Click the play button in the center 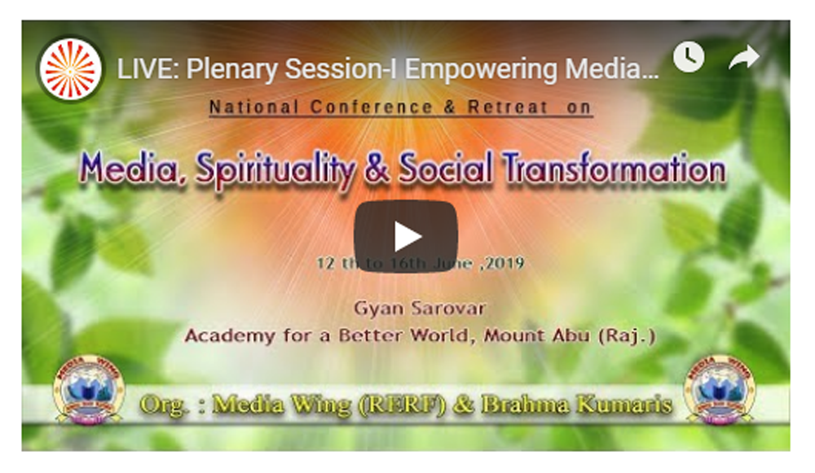(x=406, y=236)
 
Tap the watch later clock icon (x=689, y=57)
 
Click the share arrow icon (x=744, y=57)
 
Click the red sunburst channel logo (x=71, y=69)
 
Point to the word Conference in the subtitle (x=372, y=107)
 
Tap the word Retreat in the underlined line (x=508, y=107)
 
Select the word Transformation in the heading (x=615, y=169)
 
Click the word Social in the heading (x=446, y=169)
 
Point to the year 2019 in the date (x=504, y=263)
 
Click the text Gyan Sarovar (x=420, y=309)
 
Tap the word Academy (x=230, y=336)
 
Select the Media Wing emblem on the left (x=89, y=389)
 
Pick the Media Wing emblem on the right (x=720, y=389)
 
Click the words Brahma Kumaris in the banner (x=577, y=405)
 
